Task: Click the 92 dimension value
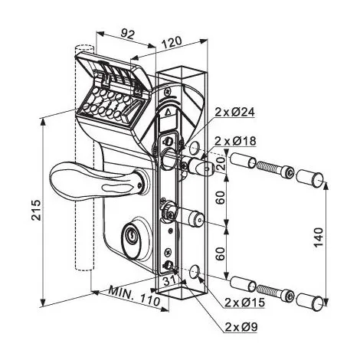[127, 34]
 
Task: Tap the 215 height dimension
[36, 210]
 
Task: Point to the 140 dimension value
[319, 237]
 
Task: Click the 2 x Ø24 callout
[235, 112]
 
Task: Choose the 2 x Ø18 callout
[235, 141]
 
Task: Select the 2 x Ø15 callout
[244, 303]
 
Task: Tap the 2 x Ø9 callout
[241, 326]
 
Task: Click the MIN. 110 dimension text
[135, 296]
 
